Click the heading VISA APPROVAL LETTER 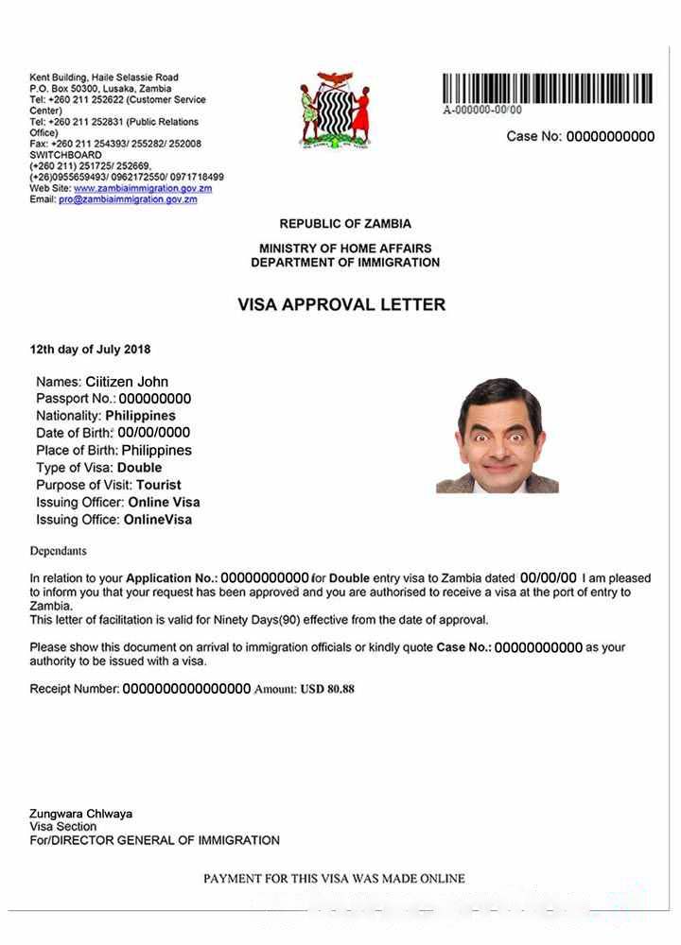(x=340, y=305)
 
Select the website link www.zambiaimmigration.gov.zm (x=143, y=188)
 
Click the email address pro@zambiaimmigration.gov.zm (x=128, y=199)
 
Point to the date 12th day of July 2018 (x=90, y=350)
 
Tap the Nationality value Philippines (x=140, y=416)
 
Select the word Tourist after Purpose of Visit (x=159, y=485)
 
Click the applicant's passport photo (x=498, y=436)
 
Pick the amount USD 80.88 (x=327, y=689)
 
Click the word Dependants (x=58, y=551)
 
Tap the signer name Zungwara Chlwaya (x=80, y=814)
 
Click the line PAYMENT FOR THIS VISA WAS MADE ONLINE (x=334, y=878)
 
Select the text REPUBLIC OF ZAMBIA (x=345, y=224)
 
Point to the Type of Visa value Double (x=139, y=468)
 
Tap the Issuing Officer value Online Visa (x=164, y=502)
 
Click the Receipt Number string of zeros (x=186, y=689)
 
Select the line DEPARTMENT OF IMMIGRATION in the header (x=345, y=262)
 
